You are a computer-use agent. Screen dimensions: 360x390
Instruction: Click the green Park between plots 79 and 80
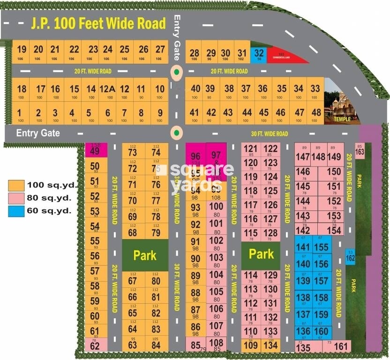(144, 255)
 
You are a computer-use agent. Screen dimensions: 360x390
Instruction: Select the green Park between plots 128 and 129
(261, 254)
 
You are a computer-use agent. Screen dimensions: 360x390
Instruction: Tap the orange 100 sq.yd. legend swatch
(16, 184)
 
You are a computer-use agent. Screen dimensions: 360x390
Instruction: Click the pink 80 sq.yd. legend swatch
(16, 197)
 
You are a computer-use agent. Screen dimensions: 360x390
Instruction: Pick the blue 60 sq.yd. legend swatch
(16, 210)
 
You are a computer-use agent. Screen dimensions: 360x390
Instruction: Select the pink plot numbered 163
(360, 150)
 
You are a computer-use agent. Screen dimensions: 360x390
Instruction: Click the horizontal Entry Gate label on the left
(38, 133)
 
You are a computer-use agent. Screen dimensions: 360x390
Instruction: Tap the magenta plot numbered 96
(195, 157)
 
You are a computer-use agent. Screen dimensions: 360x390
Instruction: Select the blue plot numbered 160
(321, 331)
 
